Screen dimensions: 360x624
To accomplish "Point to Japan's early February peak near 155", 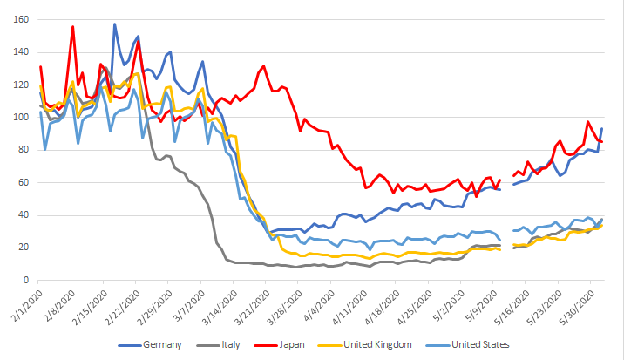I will coord(73,27).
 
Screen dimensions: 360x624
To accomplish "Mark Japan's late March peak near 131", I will coord(263,66).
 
